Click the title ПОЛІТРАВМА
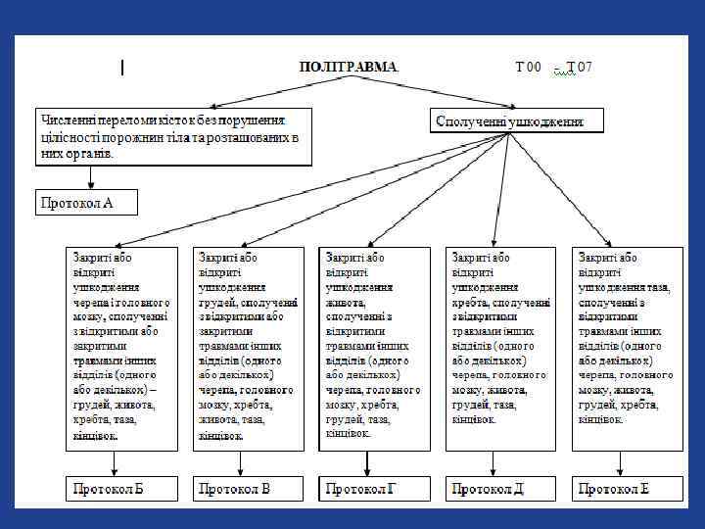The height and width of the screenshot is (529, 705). pyautogui.click(x=349, y=67)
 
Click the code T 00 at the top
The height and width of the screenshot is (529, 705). pyautogui.click(x=528, y=67)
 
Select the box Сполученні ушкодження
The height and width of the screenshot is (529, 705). pyautogui.click(x=517, y=120)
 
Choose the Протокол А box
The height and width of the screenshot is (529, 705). pyautogui.click(x=86, y=202)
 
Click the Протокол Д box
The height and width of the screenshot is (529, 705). pyautogui.click(x=501, y=488)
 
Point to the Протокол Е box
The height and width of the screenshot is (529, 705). pyautogui.click(x=627, y=488)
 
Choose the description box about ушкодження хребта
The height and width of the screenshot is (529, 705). pyautogui.click(x=501, y=348)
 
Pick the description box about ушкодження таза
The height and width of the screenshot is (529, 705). pyautogui.click(x=627, y=348)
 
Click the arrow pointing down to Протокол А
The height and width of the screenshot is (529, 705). pyautogui.click(x=90, y=177)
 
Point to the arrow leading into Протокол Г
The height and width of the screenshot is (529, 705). pyautogui.click(x=368, y=463)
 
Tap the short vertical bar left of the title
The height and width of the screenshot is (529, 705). pyautogui.click(x=121, y=68)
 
